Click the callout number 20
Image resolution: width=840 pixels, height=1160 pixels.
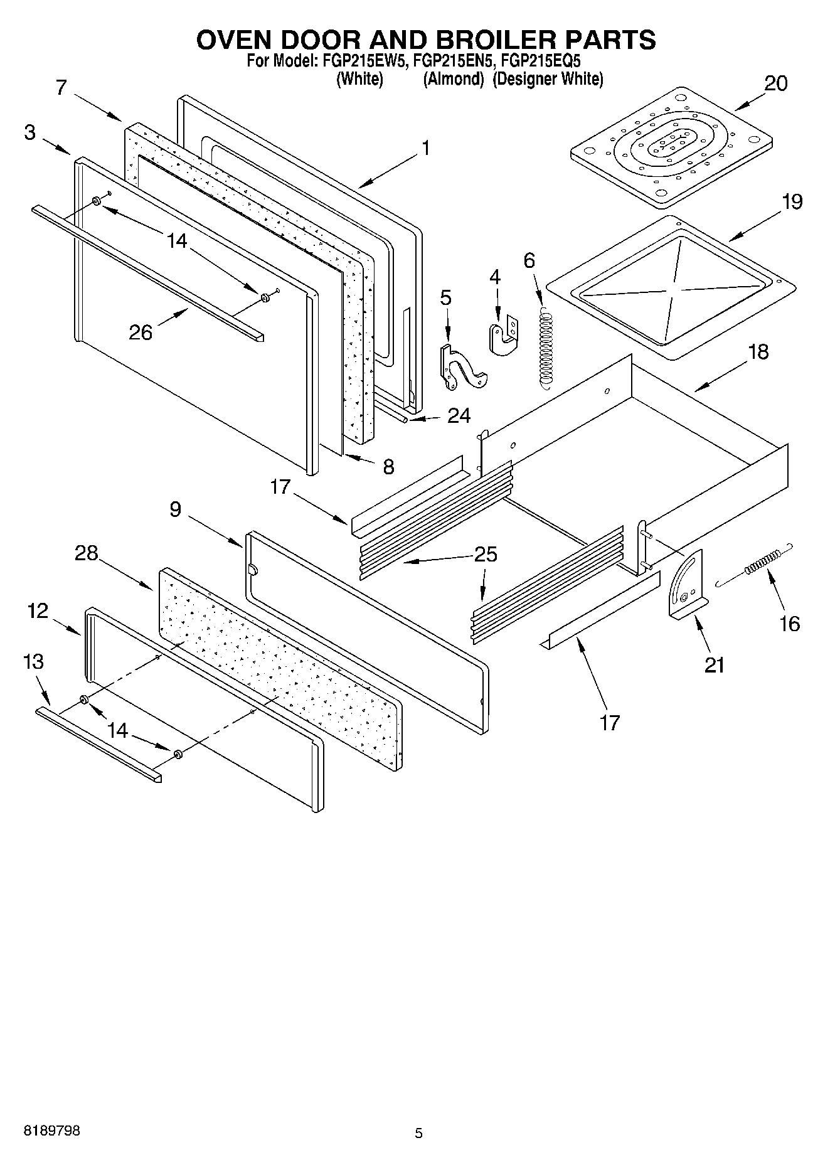[775, 83]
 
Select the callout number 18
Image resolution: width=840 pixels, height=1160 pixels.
[758, 352]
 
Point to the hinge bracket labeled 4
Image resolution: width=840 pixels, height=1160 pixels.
[502, 336]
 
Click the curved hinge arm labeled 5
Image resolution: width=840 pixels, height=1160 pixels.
[463, 371]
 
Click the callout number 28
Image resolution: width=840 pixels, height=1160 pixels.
[87, 553]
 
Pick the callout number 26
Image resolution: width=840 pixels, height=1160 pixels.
[141, 333]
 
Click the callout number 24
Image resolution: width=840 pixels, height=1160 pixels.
[459, 415]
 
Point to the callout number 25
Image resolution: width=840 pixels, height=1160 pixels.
[486, 555]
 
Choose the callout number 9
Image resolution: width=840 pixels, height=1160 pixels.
[175, 509]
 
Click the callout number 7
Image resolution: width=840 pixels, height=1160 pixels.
[60, 87]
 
